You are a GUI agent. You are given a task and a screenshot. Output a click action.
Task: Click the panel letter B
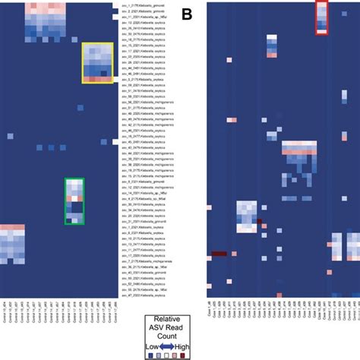[x=187, y=13]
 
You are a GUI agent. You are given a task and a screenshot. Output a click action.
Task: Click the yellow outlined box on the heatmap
[x=97, y=62]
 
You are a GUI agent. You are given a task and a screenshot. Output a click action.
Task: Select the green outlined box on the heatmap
[x=74, y=201]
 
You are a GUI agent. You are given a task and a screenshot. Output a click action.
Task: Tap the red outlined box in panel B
[x=321, y=17]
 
